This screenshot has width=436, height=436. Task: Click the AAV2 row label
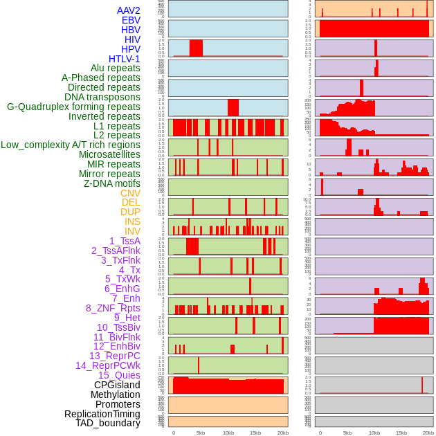pos(128,10)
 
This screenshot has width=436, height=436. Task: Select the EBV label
pos(130,20)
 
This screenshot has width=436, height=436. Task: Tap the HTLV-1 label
pos(124,59)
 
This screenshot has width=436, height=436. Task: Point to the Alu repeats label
pos(115,68)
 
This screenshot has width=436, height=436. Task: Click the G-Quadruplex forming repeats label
pos(73,107)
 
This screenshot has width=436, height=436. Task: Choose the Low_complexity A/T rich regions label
pos(70,145)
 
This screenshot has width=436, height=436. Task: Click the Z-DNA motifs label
pos(111,183)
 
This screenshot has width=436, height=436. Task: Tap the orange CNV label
pos(130,193)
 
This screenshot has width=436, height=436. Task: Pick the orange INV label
pos(131,231)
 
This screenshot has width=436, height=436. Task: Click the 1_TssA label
pos(125,241)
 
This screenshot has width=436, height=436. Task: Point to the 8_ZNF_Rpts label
pos(113,308)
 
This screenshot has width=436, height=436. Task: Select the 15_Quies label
pos(118,375)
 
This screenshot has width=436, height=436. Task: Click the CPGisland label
pos(117,385)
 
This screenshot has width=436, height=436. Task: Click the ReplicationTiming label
pos(102,414)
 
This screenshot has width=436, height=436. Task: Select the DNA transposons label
pos(102,97)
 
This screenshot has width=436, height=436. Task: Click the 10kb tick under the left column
pos(228,433)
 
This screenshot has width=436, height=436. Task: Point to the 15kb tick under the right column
pos(401,433)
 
